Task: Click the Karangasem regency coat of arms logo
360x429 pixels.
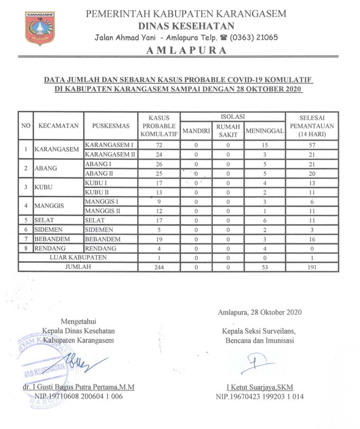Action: coord(39,28)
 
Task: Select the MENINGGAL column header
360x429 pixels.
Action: coord(265,131)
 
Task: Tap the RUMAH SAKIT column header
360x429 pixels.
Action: coord(228,131)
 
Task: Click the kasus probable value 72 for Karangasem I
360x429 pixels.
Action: coord(159,145)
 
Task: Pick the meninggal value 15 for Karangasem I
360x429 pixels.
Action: coord(265,145)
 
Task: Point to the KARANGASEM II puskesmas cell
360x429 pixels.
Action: coord(110,155)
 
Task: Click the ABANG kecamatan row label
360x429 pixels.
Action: coord(46,169)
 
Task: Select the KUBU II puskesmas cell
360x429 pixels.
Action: coord(98,192)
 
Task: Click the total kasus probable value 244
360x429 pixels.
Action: coord(159,267)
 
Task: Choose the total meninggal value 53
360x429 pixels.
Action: coord(265,267)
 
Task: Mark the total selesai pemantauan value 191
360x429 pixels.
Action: coord(312,267)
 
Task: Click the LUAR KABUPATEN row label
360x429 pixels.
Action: coord(78,257)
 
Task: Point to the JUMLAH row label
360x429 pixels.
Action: coord(78,267)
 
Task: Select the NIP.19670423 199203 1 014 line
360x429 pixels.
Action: coord(259,396)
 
